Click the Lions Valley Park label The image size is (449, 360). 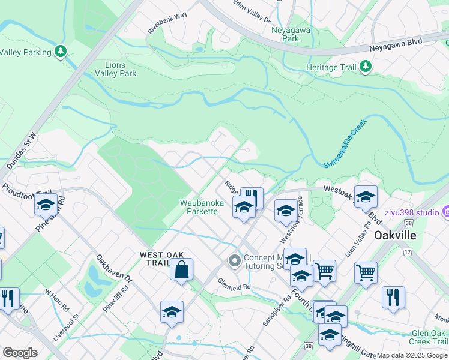click(x=115, y=69)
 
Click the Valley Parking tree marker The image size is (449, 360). click(x=61, y=52)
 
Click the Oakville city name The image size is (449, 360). click(x=395, y=235)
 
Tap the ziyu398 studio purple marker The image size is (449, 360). click(x=445, y=211)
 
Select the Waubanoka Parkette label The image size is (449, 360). click(x=202, y=207)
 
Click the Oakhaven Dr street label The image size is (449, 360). click(x=113, y=269)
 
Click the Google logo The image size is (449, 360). click(x=20, y=353)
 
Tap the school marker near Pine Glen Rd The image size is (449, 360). click(x=46, y=204)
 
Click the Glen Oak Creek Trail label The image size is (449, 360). click(x=429, y=338)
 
